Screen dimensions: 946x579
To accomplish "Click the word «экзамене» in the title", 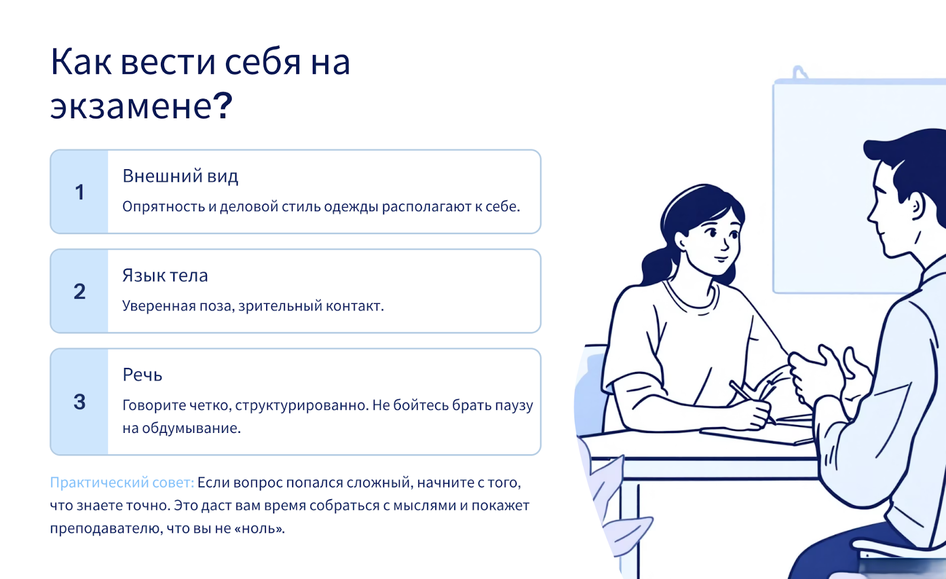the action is tap(131, 106).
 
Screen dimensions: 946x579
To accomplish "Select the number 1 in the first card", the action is tap(79, 192).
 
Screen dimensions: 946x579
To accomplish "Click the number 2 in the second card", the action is tap(79, 292).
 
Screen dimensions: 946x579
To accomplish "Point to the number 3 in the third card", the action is tap(79, 402).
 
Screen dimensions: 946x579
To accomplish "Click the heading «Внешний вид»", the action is tap(180, 176).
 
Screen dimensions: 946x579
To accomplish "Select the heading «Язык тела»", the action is tap(165, 276).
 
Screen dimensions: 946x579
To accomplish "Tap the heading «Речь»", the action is tap(142, 374).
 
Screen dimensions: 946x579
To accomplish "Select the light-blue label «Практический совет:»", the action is tap(122, 482).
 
